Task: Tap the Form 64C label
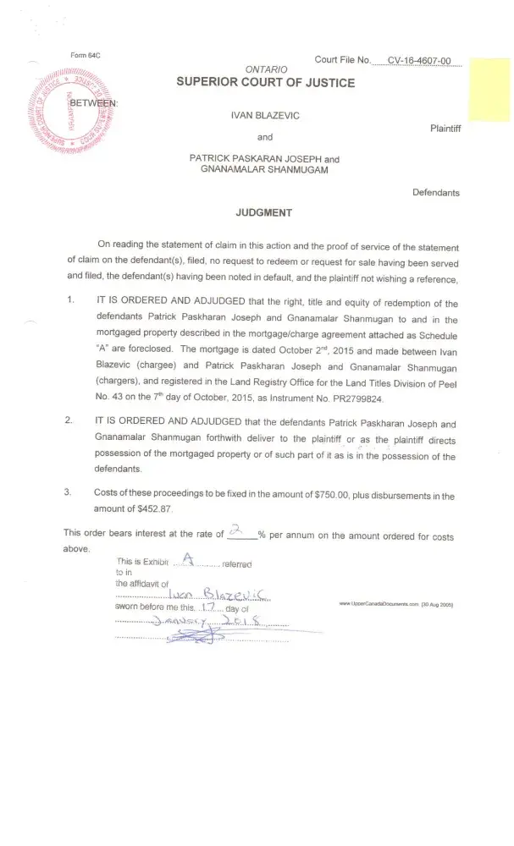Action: (x=86, y=56)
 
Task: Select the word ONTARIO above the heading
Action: (x=266, y=69)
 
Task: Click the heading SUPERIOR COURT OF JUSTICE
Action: (x=265, y=82)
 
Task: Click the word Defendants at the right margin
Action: (x=436, y=193)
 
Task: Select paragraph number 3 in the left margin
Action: (x=68, y=495)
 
